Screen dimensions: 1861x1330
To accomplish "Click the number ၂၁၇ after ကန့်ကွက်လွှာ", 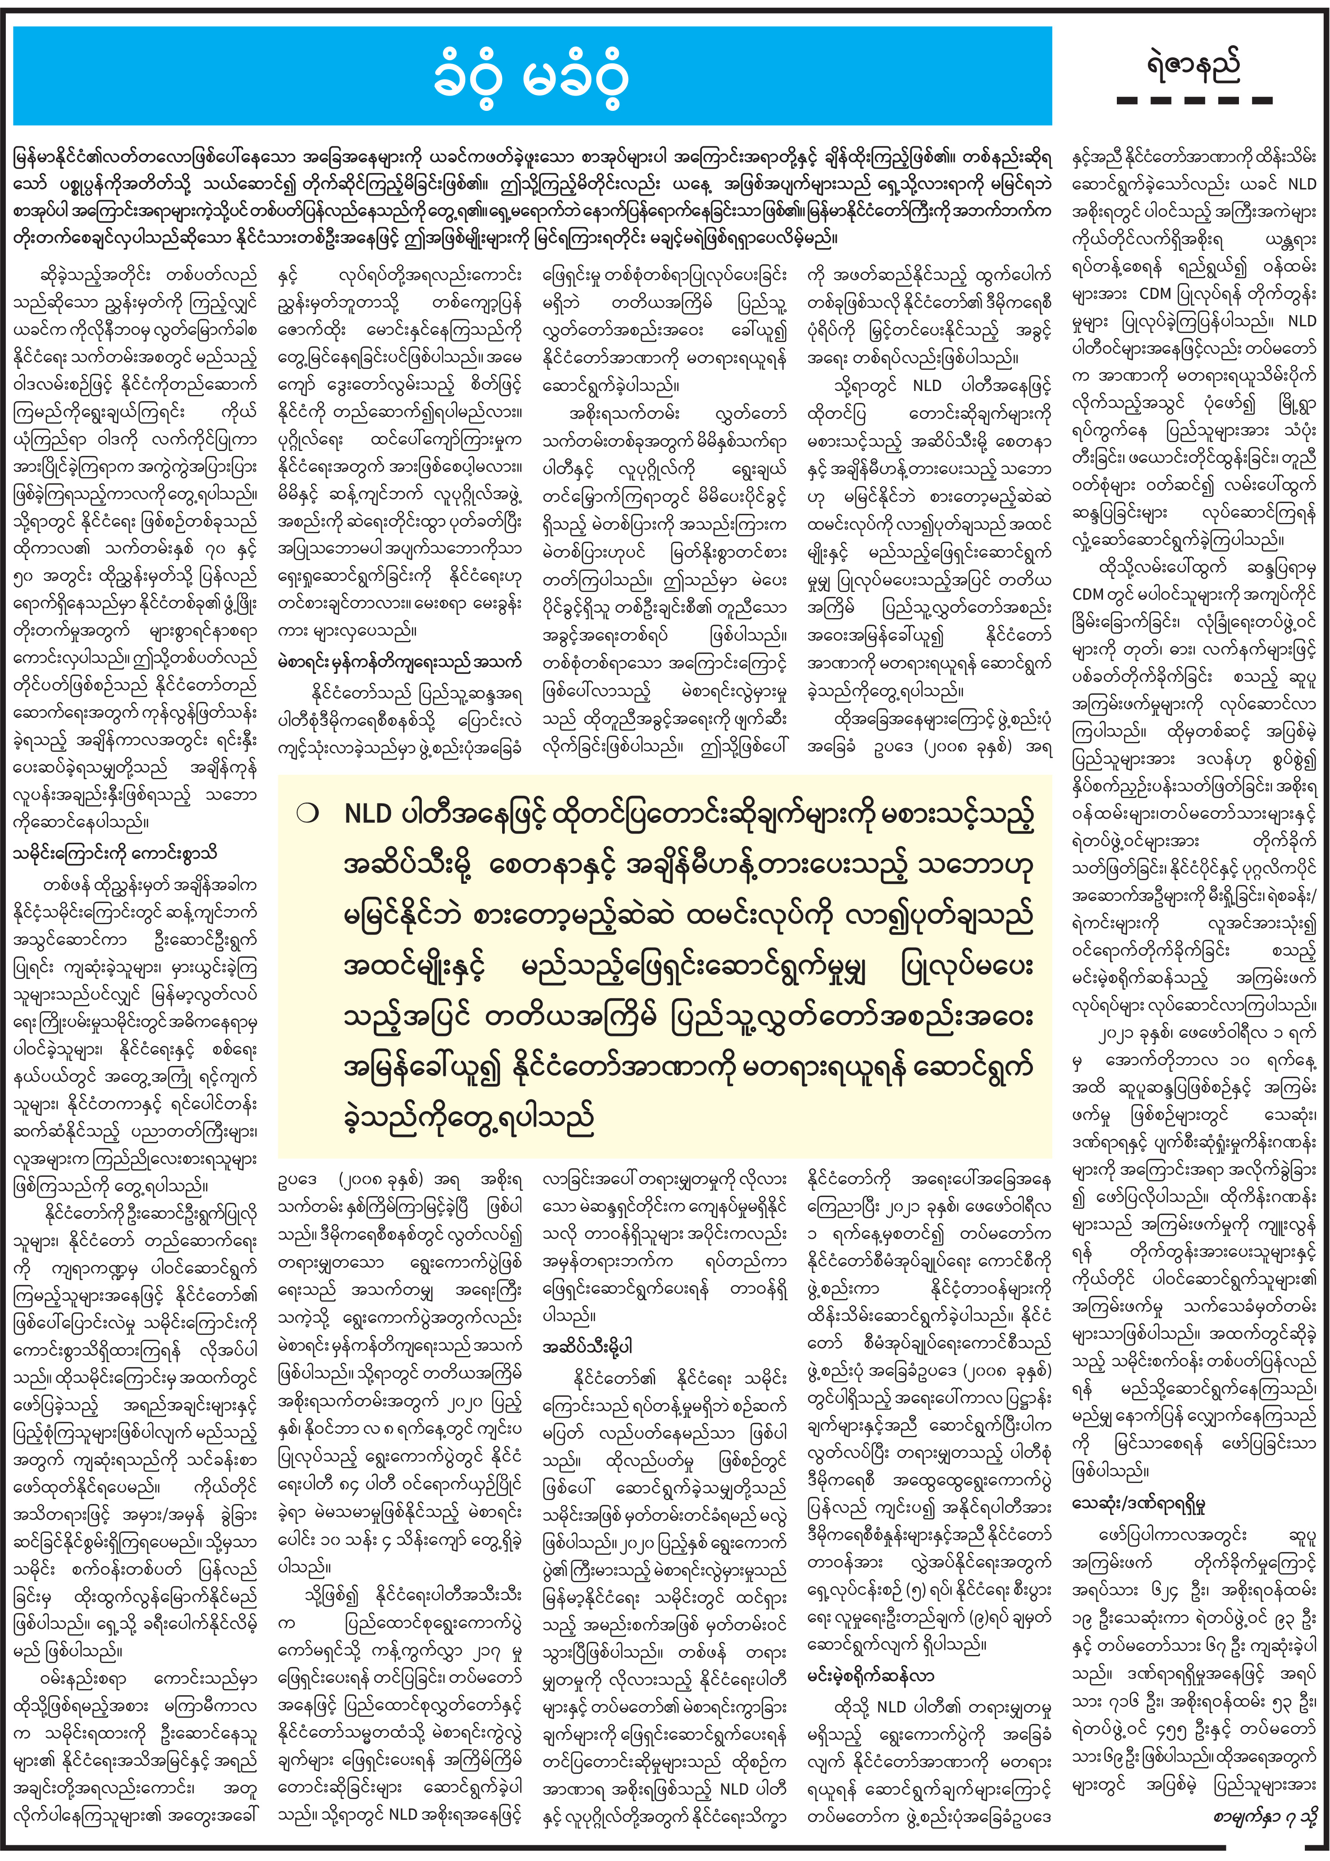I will coord(484,1650).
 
